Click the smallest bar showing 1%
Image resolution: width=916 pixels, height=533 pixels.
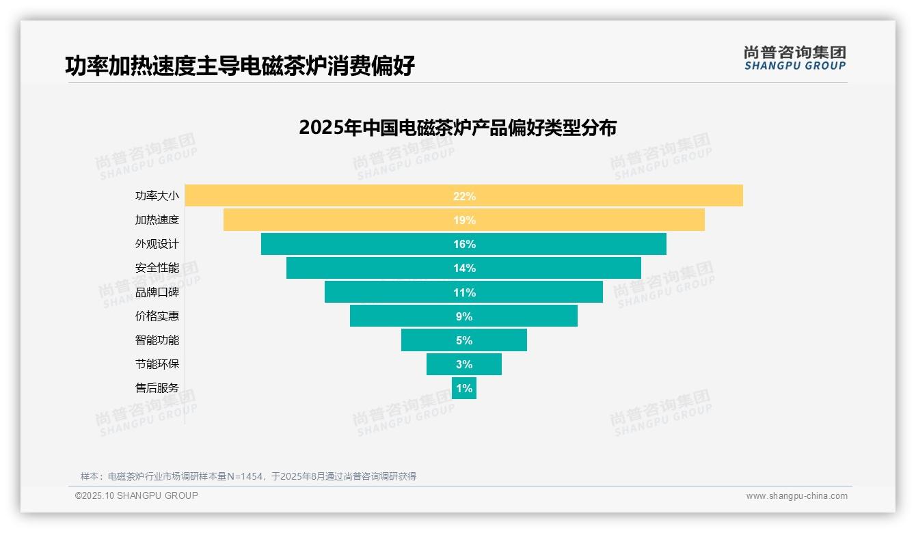(464, 388)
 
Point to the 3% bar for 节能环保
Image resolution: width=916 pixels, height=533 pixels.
(464, 364)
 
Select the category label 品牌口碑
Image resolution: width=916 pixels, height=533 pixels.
(157, 292)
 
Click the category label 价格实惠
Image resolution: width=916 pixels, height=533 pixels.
(157, 316)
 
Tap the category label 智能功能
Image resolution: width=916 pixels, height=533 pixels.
(157, 340)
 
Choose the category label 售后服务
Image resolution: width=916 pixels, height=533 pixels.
(157, 388)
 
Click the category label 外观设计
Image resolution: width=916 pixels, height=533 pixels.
(157, 244)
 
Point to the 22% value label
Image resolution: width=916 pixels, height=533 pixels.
(464, 196)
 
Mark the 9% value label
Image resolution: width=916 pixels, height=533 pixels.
(464, 316)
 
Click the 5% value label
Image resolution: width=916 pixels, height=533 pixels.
(464, 340)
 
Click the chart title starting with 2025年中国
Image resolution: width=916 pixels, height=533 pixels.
(457, 128)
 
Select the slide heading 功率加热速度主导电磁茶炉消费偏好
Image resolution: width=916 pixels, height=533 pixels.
(240, 66)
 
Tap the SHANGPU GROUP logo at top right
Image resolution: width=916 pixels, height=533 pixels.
(794, 58)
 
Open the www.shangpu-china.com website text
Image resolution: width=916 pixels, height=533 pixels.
(796, 496)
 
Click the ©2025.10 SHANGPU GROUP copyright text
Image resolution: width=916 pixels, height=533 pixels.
(137, 495)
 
